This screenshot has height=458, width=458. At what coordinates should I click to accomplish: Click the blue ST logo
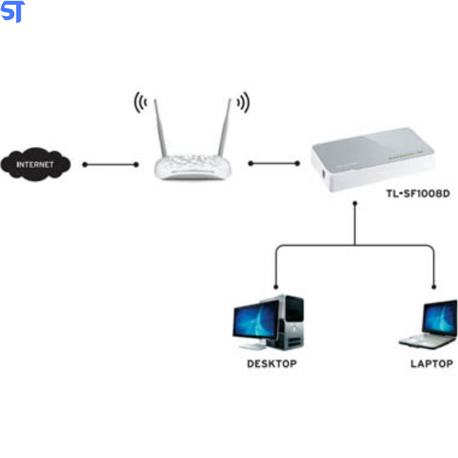12,11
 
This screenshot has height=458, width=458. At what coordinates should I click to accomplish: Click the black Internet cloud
36,164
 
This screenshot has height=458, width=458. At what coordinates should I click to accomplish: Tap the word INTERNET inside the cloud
35,164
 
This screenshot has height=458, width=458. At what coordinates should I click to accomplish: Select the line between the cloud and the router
110,164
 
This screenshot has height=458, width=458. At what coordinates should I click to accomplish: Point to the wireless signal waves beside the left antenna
140,103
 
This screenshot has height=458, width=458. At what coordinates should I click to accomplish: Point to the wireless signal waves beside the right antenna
243,103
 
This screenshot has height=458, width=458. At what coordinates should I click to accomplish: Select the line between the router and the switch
273,163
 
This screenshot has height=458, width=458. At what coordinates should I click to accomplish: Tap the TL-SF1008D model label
417,194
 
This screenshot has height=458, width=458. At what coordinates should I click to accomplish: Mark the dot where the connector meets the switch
354,204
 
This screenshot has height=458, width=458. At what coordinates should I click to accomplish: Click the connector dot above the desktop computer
275,287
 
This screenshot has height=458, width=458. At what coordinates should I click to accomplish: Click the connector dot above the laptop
433,287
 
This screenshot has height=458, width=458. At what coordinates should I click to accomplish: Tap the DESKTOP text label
272,364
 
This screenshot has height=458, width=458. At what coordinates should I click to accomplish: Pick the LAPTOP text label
431,364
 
